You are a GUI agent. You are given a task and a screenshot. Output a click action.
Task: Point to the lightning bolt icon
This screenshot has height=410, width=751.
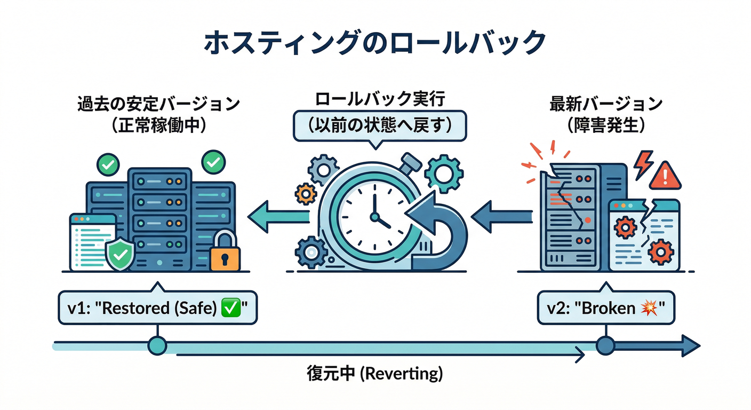(x=643, y=164)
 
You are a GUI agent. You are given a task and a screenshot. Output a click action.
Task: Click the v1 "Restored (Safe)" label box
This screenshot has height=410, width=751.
(x=157, y=307)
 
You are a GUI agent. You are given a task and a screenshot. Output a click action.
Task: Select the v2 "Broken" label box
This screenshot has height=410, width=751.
(x=606, y=307)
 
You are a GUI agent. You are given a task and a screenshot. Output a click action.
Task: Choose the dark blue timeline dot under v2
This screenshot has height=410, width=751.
(x=605, y=345)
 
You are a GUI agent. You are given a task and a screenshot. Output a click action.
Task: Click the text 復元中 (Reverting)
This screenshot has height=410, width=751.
(x=375, y=373)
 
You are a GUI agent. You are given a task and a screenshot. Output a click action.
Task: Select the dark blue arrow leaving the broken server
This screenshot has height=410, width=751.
(x=501, y=216)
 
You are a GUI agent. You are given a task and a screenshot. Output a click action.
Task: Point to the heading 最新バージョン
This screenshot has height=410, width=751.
(x=606, y=103)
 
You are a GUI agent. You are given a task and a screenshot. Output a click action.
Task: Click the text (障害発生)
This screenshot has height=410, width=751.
(x=606, y=126)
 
